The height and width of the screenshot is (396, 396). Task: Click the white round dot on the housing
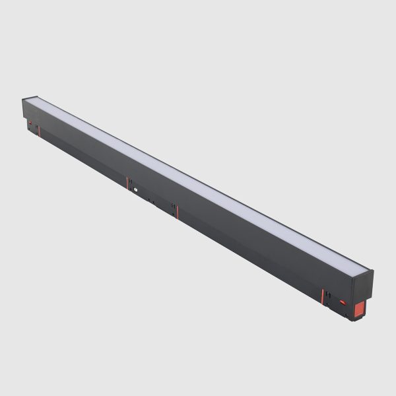tap(134, 189)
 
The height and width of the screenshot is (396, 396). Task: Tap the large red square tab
tap(358, 310)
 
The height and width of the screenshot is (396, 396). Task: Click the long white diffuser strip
tap(198, 181)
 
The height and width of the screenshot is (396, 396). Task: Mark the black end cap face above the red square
tap(363, 285)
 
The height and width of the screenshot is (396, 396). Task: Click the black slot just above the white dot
tap(132, 180)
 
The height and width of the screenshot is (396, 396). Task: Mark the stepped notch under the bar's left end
tap(32, 130)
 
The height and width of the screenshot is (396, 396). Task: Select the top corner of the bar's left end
tap(24, 99)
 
